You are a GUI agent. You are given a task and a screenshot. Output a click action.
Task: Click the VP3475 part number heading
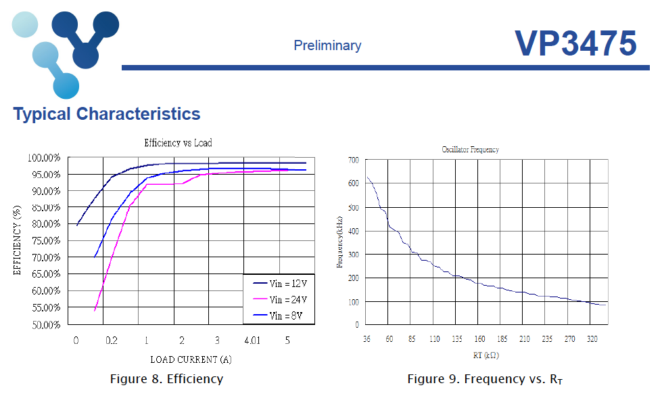(575, 43)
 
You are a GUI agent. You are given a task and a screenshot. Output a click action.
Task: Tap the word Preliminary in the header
(327, 45)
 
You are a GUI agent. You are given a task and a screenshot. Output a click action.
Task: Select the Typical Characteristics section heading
(107, 114)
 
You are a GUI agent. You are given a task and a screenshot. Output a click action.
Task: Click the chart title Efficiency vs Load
(178, 143)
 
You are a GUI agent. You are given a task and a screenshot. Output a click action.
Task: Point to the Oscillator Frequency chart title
(470, 149)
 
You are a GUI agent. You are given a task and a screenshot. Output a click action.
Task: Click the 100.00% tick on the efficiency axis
(45, 158)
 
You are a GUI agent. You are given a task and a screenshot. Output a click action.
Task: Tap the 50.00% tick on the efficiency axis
(46, 325)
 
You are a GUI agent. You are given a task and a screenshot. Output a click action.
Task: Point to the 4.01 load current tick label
(252, 341)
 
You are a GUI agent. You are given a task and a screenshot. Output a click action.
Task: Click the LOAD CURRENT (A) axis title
(191, 359)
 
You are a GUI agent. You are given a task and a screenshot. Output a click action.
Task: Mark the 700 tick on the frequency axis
(353, 160)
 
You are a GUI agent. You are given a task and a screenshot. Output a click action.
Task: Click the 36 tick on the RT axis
(367, 339)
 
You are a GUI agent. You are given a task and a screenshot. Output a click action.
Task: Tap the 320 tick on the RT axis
(592, 339)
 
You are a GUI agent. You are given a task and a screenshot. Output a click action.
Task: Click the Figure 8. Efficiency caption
(166, 379)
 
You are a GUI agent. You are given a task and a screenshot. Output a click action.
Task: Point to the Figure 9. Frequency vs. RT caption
(485, 380)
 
